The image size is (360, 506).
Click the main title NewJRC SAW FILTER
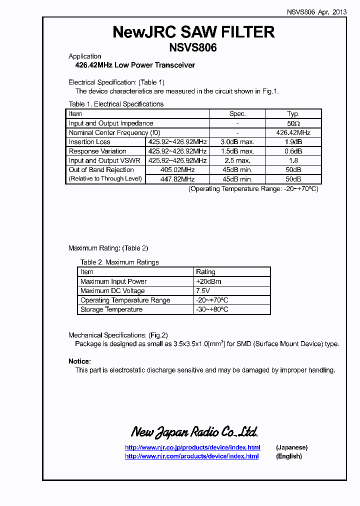194,31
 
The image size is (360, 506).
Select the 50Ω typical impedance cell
293,123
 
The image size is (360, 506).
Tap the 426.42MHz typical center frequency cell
293,132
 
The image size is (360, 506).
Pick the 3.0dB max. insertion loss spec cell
237,142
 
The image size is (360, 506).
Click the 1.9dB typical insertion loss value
293,142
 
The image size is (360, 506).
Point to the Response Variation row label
97,151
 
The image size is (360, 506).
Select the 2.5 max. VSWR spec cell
237,160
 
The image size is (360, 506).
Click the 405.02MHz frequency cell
177,170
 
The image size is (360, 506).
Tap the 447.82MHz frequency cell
177,179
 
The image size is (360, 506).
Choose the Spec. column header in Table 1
237,114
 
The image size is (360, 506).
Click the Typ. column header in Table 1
293,114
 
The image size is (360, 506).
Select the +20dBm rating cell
208,281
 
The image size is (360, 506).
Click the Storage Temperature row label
111,309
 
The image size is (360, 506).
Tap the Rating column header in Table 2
205,272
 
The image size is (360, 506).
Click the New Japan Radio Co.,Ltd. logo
194,431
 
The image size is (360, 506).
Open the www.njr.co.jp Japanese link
192,447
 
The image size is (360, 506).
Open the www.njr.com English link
191,456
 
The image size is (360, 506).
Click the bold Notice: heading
79,361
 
